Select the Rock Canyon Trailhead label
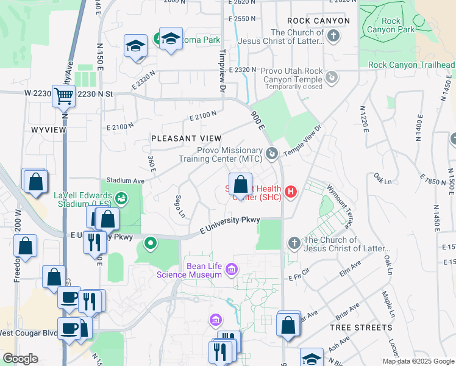coord(411,65)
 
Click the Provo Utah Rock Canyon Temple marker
coord(331,77)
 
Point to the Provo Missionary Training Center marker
coord(272,153)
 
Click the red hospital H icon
coord(291,192)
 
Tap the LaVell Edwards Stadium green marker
coord(121,198)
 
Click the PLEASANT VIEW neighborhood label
coord(186,139)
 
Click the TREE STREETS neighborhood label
coord(361,328)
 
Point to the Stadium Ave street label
coord(125,181)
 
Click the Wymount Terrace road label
coord(339,206)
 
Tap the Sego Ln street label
coord(180,206)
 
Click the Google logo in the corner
coord(20,359)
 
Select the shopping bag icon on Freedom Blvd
coord(26,246)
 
